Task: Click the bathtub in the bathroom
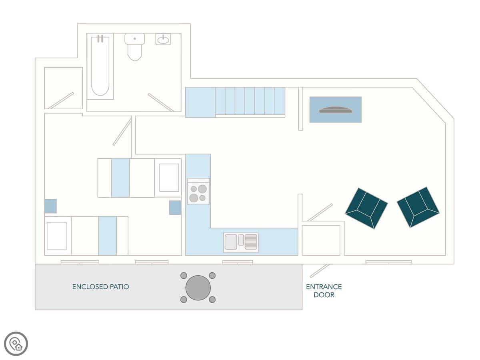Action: pyautogui.click(x=100, y=66)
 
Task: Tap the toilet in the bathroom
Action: pyautogui.click(x=135, y=47)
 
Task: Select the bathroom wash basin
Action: pyautogui.click(x=163, y=39)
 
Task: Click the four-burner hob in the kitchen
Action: pyautogui.click(x=198, y=191)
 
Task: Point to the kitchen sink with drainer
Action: pyautogui.click(x=241, y=242)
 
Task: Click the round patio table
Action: pyautogui.click(x=198, y=288)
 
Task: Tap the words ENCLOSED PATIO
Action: pyautogui.click(x=100, y=287)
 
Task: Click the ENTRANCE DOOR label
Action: pyautogui.click(x=324, y=291)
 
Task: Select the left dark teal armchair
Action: pyautogui.click(x=366, y=208)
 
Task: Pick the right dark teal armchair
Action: pyautogui.click(x=418, y=207)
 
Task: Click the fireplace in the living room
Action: pyautogui.click(x=336, y=110)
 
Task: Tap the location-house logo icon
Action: pyautogui.click(x=16, y=344)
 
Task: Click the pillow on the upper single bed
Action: pyautogui.click(x=169, y=178)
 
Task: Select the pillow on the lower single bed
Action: pyautogui.click(x=57, y=236)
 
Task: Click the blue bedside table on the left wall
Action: pyautogui.click(x=50, y=206)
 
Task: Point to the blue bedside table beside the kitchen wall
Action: pyautogui.click(x=175, y=208)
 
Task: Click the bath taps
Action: pyautogui.click(x=100, y=39)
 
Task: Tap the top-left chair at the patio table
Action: pyautogui.click(x=184, y=276)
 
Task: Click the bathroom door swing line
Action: pyautogui.click(x=161, y=102)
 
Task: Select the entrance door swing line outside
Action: pyautogui.click(x=320, y=271)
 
